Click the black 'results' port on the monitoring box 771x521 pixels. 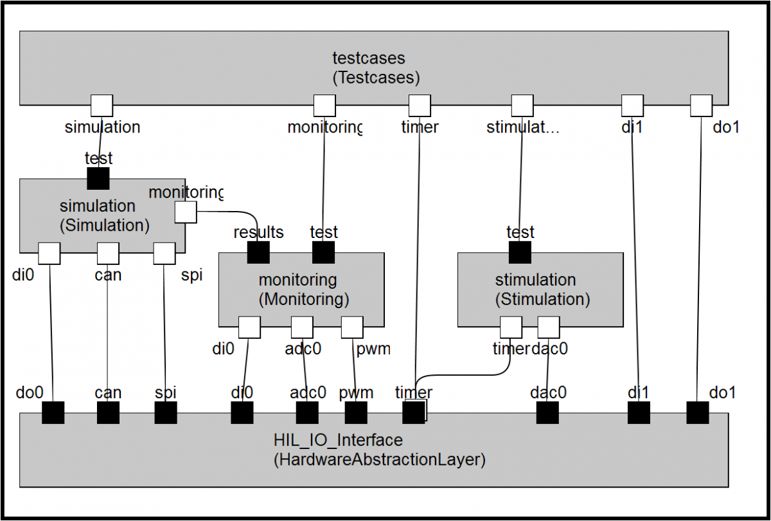point(258,253)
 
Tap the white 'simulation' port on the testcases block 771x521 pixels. point(102,105)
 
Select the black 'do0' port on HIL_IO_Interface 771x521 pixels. point(53,412)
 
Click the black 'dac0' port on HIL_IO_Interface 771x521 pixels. point(547,412)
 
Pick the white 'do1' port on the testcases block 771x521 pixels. point(701,105)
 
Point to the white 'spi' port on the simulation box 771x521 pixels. point(164,253)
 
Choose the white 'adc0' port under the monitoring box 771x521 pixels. point(302,327)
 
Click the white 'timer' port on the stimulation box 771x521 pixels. point(511,327)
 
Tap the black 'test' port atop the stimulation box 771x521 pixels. point(520,253)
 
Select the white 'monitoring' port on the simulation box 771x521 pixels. point(186,212)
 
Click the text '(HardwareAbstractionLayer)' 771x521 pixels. point(379,460)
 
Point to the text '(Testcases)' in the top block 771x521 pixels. point(376,78)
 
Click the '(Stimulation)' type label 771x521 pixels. point(542,299)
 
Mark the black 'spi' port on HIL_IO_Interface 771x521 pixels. point(166,412)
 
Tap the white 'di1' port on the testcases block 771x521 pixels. point(632,105)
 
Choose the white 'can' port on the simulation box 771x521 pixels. point(107,253)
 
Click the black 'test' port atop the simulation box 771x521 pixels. point(98,179)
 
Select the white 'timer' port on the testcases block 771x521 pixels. point(420,105)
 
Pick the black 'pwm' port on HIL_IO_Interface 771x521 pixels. point(356,412)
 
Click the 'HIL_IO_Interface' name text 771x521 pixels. point(338,441)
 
